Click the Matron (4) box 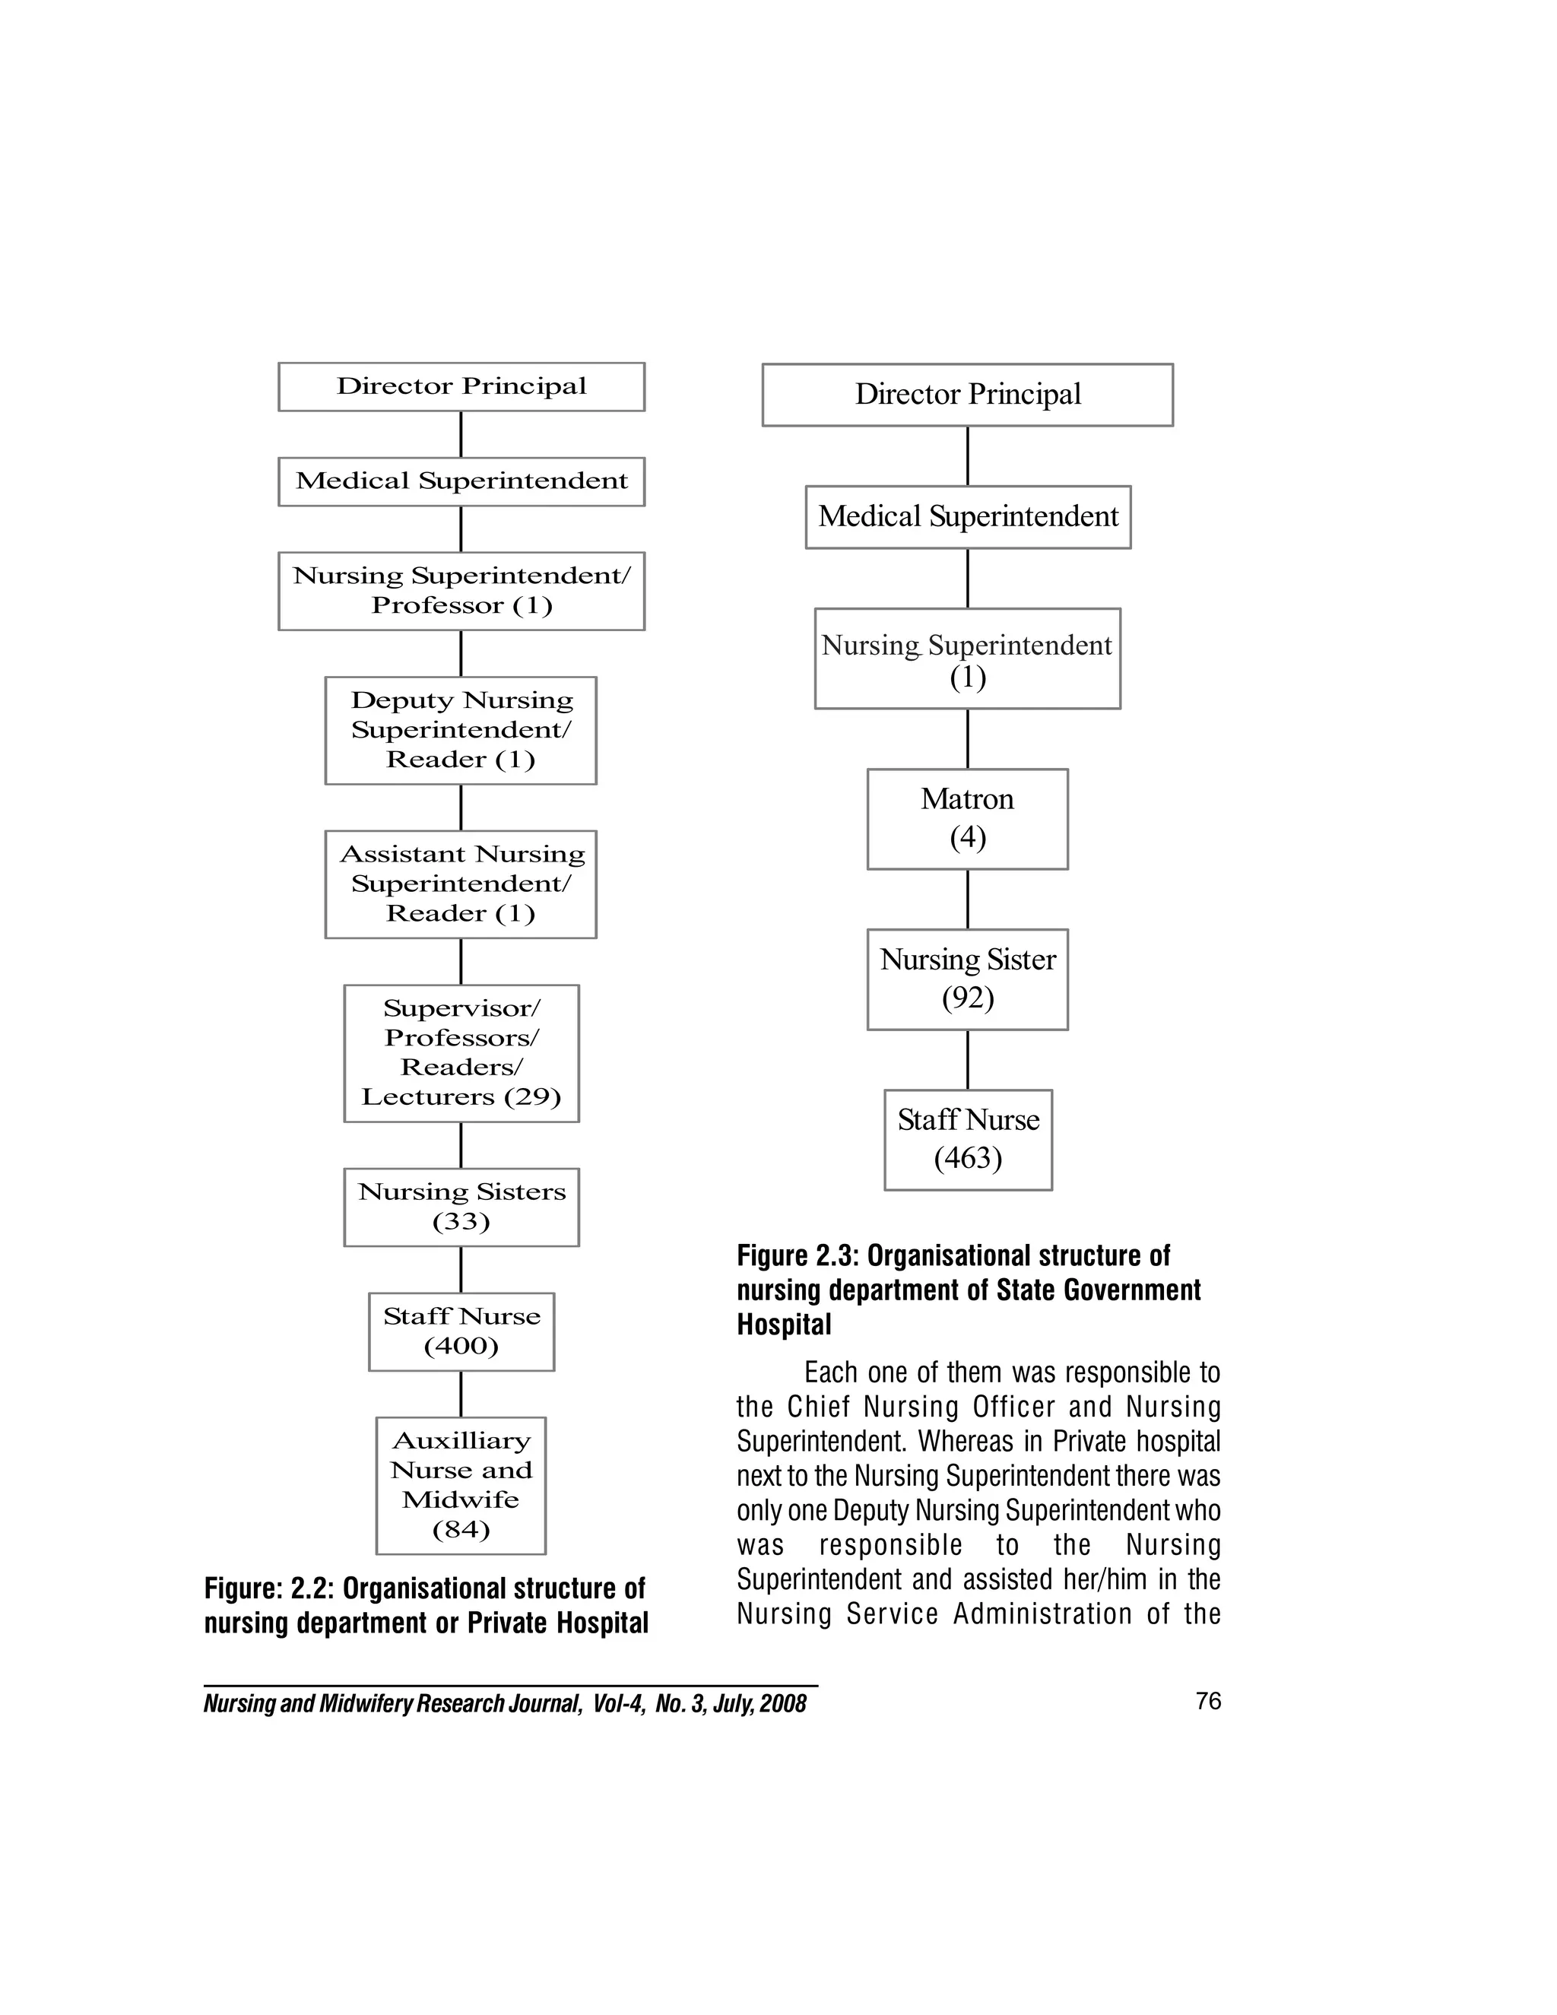[967, 818]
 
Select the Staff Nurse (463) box [968, 1140]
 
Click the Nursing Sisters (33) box [461, 1207]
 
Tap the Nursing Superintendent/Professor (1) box [461, 591]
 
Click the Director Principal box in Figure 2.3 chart [967, 394]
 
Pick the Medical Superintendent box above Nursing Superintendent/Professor [461, 481]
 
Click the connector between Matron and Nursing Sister [968, 899]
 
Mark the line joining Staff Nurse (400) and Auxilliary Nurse [461, 1393]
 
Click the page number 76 [1207, 1700]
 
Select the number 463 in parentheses [968, 1158]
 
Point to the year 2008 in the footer [785, 1703]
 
